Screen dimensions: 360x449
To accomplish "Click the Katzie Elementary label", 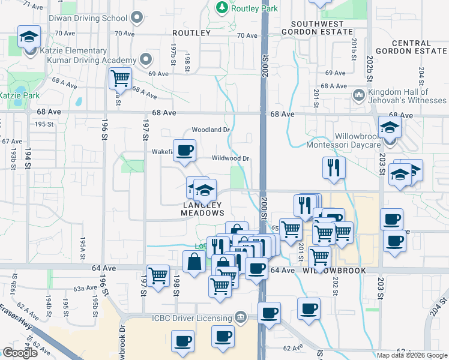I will [x=65, y=51].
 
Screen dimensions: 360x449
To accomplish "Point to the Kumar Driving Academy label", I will [x=94, y=61].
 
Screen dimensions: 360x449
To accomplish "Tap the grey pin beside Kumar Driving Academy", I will [x=145, y=59].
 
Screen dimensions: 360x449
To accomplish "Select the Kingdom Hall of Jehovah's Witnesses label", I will [x=399, y=96].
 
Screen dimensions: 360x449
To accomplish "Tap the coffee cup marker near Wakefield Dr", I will [x=184, y=150].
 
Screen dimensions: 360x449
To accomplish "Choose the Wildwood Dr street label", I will [x=231, y=159].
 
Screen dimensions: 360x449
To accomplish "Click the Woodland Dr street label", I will [x=211, y=130].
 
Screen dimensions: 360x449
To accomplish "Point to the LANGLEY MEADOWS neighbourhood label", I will [x=203, y=209].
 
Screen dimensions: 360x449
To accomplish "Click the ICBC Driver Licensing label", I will [x=192, y=317].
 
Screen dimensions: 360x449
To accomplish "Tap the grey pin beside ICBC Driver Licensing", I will [x=241, y=317].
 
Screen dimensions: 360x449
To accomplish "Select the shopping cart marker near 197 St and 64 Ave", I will [x=158, y=277].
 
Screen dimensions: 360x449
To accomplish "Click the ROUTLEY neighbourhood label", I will [x=191, y=33].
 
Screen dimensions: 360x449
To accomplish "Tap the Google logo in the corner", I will [x=20, y=353].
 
